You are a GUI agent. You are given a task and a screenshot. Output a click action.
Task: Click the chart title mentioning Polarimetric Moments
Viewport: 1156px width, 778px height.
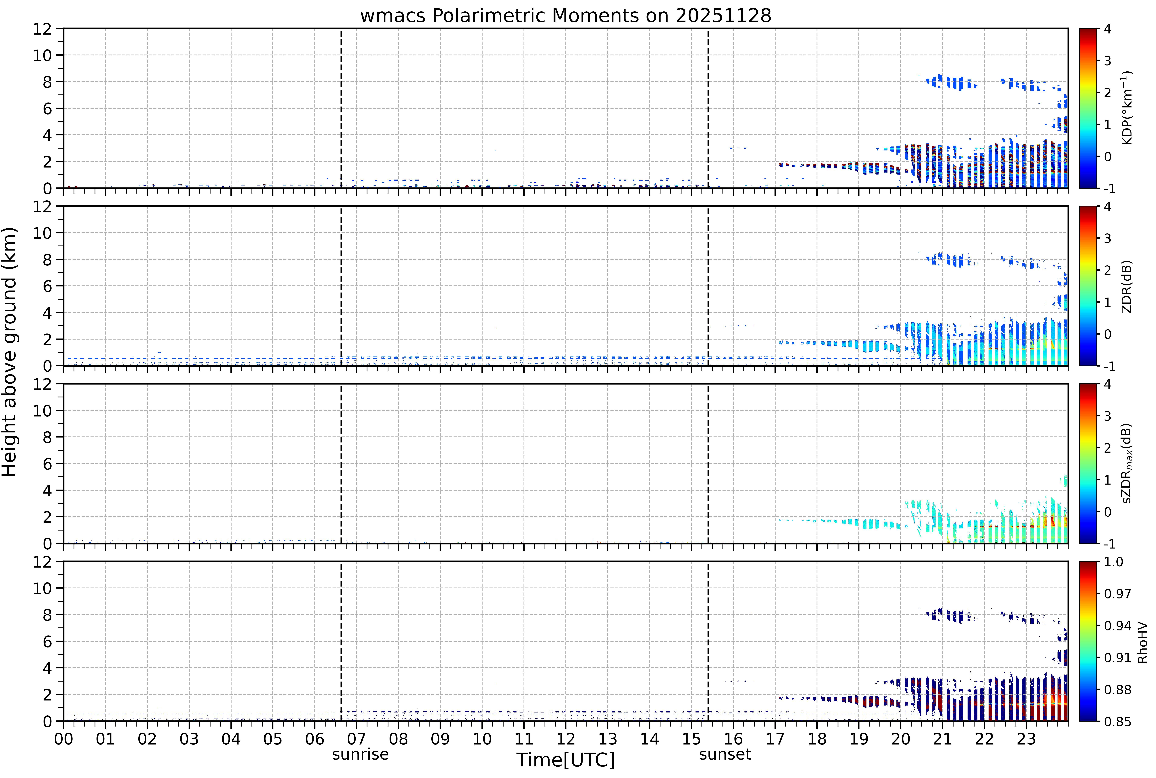(565, 16)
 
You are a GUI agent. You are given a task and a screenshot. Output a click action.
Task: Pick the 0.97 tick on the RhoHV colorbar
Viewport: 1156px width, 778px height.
(1117, 593)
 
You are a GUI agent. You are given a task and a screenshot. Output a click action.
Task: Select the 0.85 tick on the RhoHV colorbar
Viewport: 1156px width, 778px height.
(1117, 722)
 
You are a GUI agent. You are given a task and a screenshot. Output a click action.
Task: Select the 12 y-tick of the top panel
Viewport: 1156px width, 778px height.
(43, 29)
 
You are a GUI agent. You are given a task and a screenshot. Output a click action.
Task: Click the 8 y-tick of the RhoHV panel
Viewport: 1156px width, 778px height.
(48, 615)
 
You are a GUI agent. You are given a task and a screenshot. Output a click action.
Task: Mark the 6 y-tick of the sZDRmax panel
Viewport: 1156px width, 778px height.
(48, 464)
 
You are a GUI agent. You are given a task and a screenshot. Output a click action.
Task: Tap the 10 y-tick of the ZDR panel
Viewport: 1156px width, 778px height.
(43, 233)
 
